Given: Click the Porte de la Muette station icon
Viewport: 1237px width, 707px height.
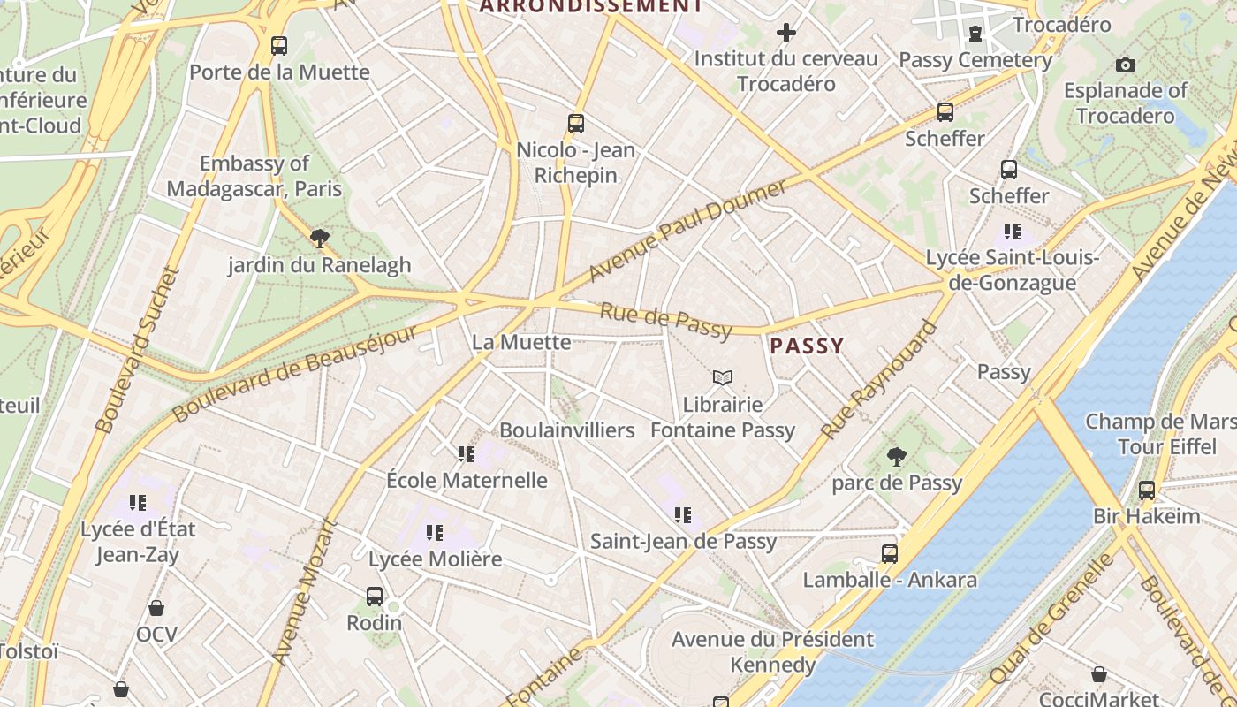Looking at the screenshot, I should (x=279, y=45).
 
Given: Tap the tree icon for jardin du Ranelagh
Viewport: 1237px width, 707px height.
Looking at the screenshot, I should (x=319, y=238).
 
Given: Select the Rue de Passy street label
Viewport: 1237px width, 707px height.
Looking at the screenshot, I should (x=666, y=321).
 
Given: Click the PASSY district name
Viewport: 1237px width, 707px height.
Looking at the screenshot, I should (x=807, y=346).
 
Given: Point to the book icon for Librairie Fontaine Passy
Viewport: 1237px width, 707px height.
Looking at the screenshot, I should (x=723, y=378).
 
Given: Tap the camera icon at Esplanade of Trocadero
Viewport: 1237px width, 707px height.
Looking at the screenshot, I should (x=1125, y=65).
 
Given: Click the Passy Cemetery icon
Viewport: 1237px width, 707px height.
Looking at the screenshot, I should (x=975, y=34).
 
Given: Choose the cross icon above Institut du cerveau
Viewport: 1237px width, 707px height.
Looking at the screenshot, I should (x=785, y=34).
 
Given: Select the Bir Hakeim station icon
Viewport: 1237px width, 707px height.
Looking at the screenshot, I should (x=1147, y=490).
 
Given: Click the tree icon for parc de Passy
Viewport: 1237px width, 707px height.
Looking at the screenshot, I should (x=896, y=456).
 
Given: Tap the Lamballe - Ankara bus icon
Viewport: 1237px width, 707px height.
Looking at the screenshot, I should (x=890, y=554).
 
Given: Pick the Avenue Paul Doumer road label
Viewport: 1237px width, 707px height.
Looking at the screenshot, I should (x=687, y=231).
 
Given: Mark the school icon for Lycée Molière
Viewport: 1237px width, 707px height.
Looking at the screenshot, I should (x=435, y=533).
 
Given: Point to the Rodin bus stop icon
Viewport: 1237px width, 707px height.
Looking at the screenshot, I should (x=375, y=597).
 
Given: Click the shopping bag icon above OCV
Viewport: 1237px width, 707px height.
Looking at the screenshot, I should (x=156, y=608).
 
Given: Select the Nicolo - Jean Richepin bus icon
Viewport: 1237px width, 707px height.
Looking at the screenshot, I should (x=576, y=124).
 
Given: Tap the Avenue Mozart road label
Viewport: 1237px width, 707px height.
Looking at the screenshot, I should (x=305, y=591).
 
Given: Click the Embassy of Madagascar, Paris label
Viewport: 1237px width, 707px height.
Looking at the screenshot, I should (x=254, y=176).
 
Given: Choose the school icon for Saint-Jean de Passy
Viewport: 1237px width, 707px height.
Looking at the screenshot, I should (x=683, y=514).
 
